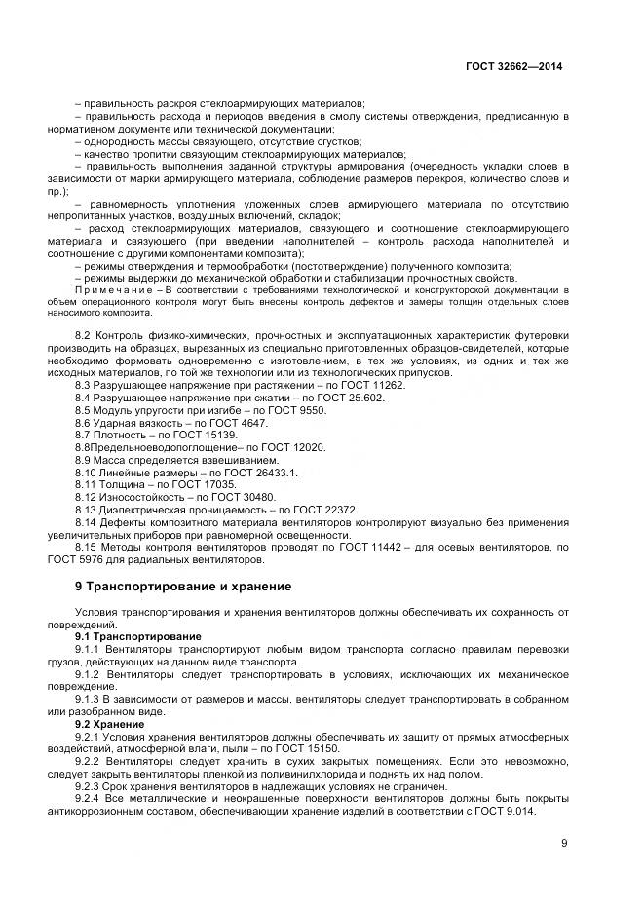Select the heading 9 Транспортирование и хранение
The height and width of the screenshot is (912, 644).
pos(183,587)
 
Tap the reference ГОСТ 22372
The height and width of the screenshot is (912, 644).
pos(325,509)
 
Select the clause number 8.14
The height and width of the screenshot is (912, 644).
pos(88,521)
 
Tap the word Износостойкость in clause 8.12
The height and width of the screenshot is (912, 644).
pos(133,496)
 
